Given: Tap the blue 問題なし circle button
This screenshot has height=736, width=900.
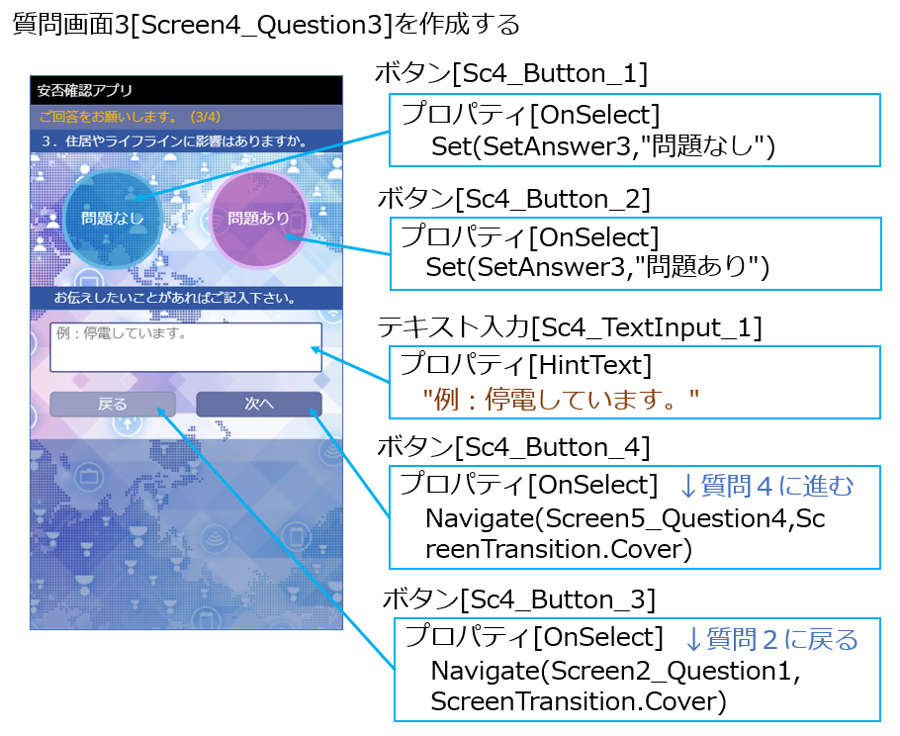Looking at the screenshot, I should (x=113, y=219).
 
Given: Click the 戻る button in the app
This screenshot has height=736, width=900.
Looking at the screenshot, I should (x=113, y=404).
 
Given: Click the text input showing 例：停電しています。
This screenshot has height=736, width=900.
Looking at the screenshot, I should (x=186, y=347).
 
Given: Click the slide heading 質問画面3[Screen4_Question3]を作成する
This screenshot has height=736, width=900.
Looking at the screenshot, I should (x=266, y=24).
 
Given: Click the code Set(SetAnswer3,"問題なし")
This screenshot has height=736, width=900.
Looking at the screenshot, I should (x=602, y=145).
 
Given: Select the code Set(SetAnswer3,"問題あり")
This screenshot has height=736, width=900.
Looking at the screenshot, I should (x=597, y=266).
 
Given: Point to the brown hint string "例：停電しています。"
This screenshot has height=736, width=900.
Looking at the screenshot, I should (x=561, y=399).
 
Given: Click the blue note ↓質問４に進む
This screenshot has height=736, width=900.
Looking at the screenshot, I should (x=766, y=485).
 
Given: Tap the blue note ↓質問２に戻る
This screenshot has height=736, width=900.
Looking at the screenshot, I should (x=771, y=639).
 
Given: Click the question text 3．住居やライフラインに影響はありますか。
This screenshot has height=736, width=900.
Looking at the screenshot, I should (x=174, y=141).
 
